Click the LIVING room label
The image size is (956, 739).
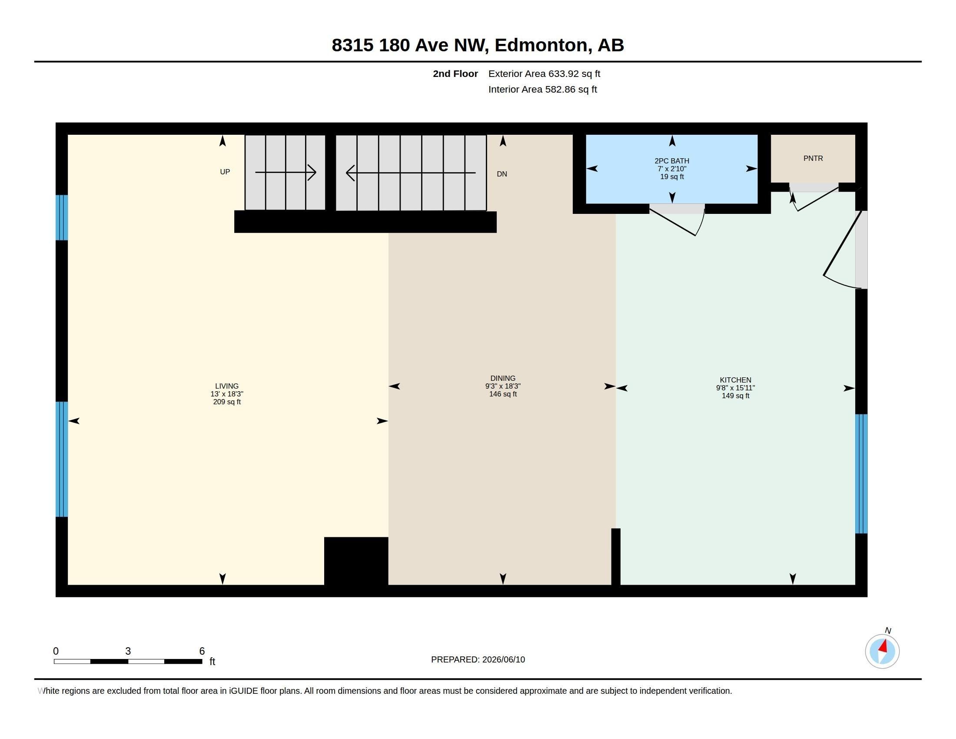point(227,386)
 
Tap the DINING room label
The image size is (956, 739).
point(502,378)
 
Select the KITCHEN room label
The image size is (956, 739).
point(735,380)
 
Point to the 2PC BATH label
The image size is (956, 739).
point(672,161)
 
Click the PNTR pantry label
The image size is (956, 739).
point(813,159)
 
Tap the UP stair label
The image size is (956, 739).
point(225,172)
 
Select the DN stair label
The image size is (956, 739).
point(502,174)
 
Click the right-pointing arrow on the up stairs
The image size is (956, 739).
point(286,173)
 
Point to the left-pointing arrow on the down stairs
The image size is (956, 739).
point(411,173)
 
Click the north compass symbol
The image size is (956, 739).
point(883,651)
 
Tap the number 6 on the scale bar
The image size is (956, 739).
point(202,651)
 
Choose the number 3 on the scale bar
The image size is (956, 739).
point(128,651)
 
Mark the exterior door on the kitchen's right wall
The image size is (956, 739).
point(843,250)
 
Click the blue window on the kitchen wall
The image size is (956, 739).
point(861,474)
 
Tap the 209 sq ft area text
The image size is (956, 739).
point(227,402)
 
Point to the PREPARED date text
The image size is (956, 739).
point(478,660)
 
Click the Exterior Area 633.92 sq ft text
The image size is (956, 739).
point(544,74)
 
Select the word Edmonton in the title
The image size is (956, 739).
point(541,46)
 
